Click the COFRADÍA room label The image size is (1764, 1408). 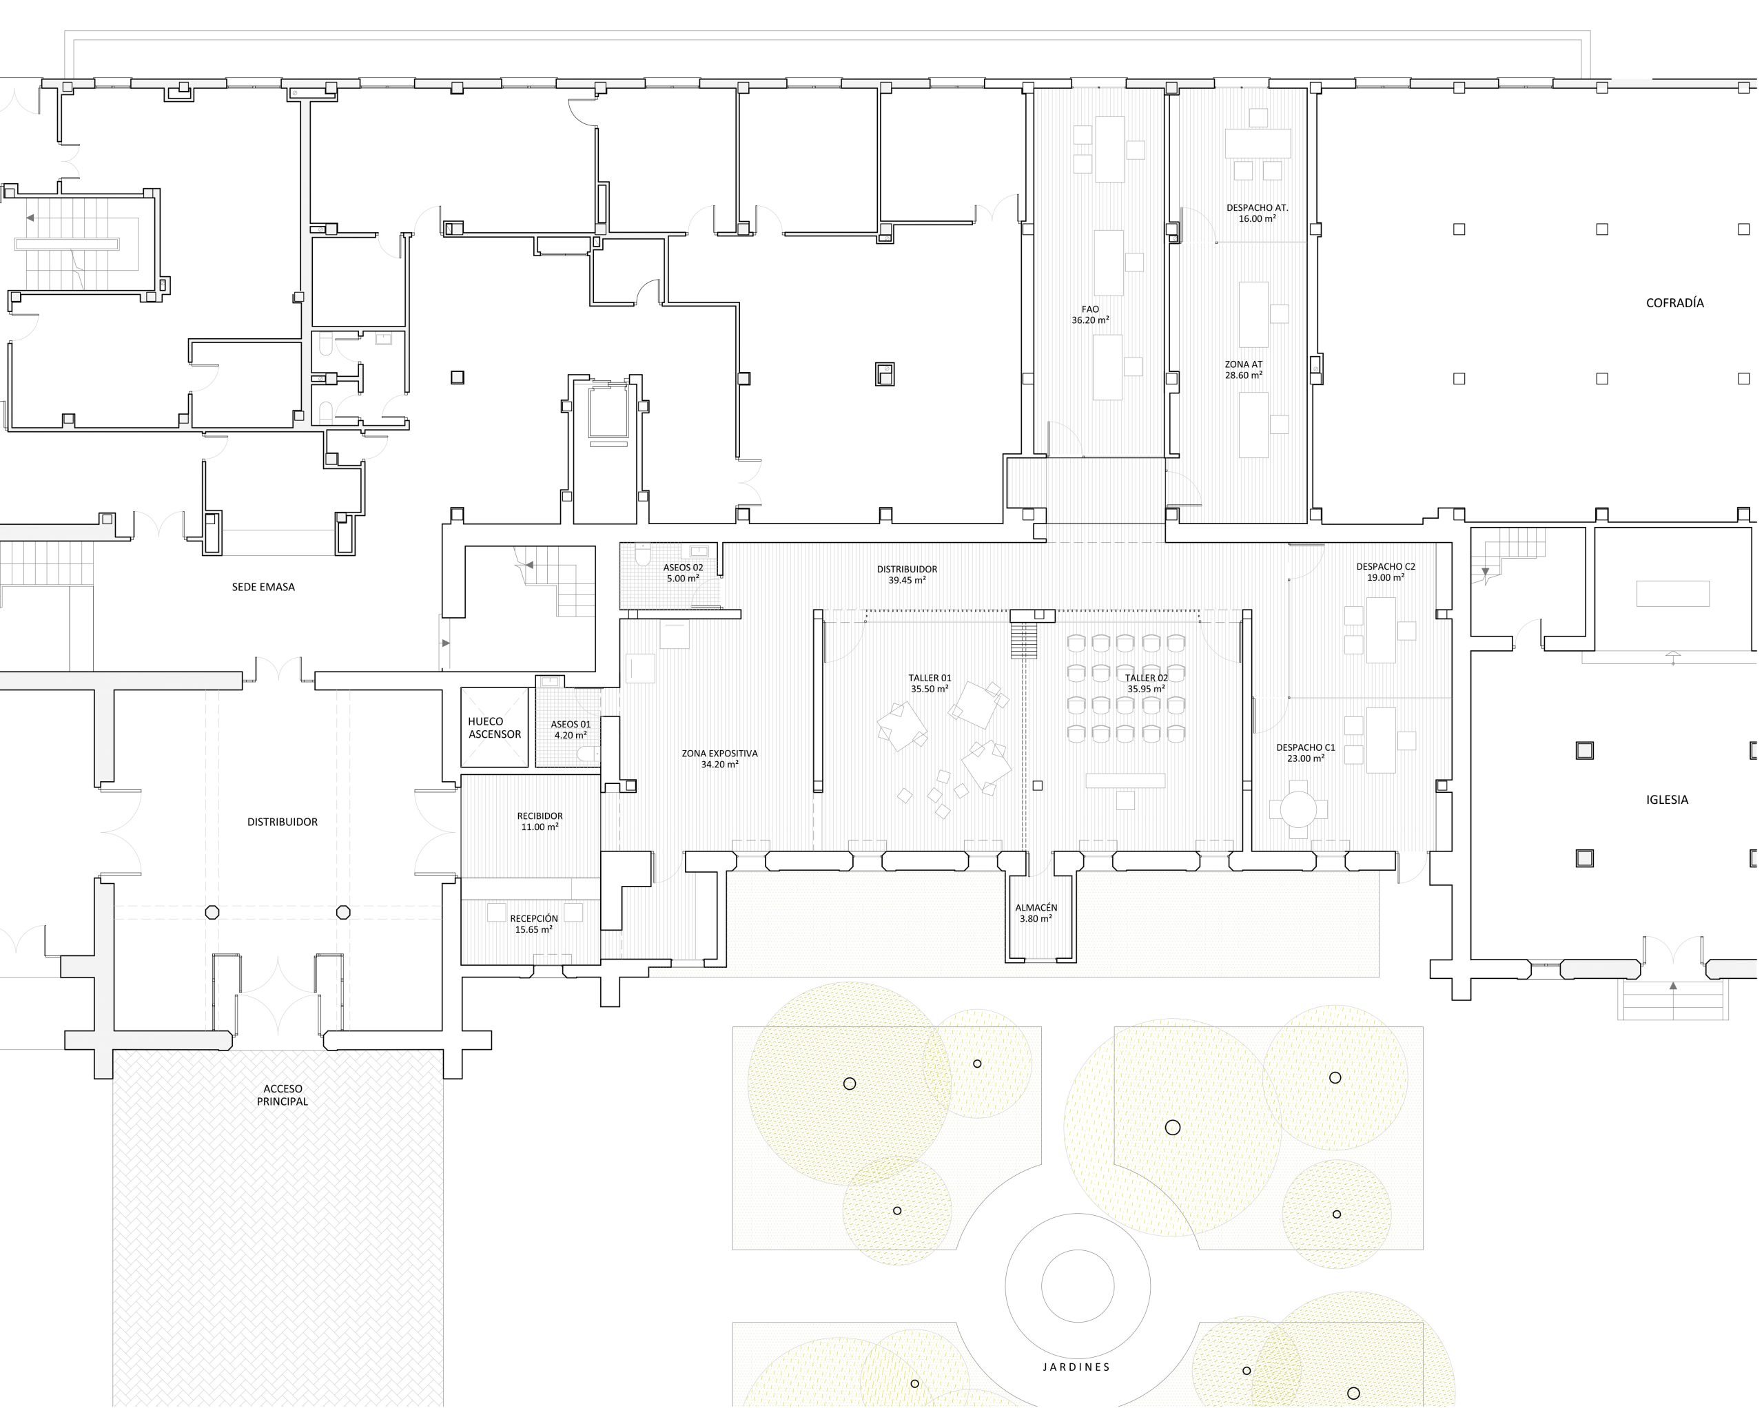pyautogui.click(x=1674, y=302)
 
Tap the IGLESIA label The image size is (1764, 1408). pyautogui.click(x=1667, y=799)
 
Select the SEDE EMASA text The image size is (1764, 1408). pyautogui.click(x=263, y=587)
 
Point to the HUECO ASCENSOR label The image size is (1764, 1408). pyautogui.click(x=494, y=727)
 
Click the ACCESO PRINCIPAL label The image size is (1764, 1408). pyautogui.click(x=283, y=1095)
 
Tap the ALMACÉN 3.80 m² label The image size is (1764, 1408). pyautogui.click(x=1036, y=913)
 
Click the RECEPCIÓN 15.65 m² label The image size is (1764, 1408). pyautogui.click(x=533, y=924)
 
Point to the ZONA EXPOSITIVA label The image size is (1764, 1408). pyautogui.click(x=719, y=754)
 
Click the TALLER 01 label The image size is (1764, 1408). pyautogui.click(x=930, y=679)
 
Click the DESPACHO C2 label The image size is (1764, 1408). pyautogui.click(x=1385, y=566)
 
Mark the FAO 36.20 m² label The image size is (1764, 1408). pyautogui.click(x=1090, y=315)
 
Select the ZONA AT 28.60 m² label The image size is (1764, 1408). pyautogui.click(x=1243, y=370)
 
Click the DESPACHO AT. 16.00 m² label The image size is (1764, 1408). pyautogui.click(x=1257, y=214)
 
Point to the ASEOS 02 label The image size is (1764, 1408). pyautogui.click(x=682, y=567)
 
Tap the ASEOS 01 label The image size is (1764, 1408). pyautogui.click(x=571, y=724)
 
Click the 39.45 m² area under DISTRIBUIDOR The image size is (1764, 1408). pyautogui.click(x=907, y=580)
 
